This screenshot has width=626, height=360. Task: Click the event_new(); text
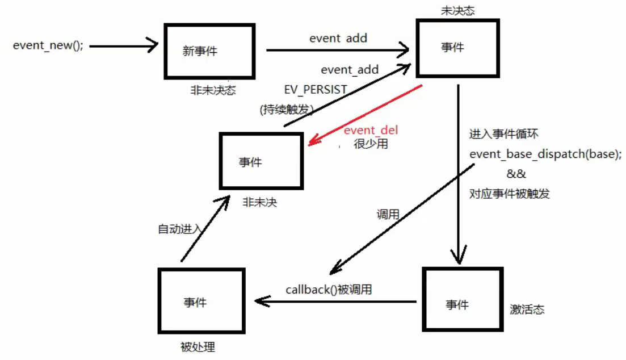48,46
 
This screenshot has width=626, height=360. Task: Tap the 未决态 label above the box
457,11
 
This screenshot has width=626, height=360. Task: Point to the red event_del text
371,131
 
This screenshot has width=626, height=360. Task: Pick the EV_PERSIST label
316,90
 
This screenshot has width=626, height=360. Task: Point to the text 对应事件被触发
509,193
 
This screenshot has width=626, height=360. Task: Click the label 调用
388,214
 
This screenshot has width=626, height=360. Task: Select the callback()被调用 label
329,290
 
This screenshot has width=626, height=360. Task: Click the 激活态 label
527,310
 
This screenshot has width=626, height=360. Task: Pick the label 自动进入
179,229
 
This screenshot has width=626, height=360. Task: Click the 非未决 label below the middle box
259,202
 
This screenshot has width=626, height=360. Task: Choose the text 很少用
371,144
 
